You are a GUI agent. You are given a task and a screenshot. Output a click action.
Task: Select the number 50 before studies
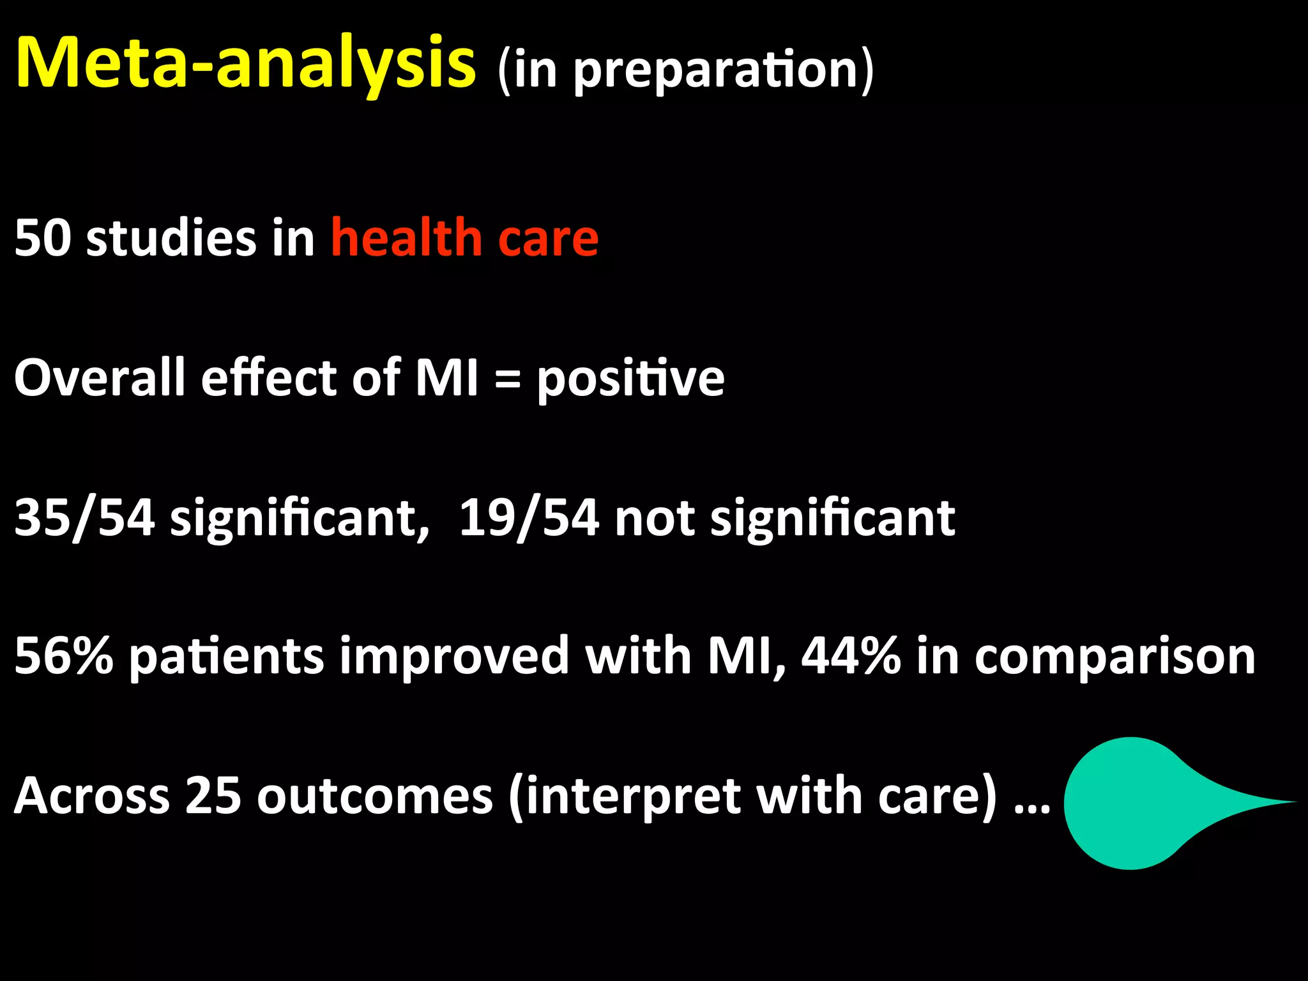pyautogui.click(x=42, y=238)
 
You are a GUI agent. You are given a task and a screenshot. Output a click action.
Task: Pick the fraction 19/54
pyautogui.click(x=529, y=517)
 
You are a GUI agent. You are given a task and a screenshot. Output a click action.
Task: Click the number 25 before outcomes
pyautogui.click(x=213, y=796)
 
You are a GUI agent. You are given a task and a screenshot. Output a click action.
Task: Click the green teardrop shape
pyautogui.click(x=1137, y=803)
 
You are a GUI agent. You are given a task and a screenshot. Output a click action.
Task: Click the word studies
pyautogui.click(x=171, y=238)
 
